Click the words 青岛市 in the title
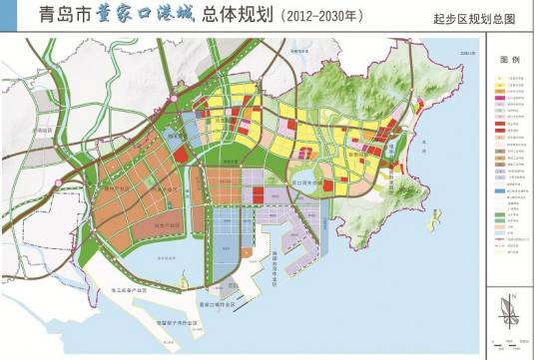[x=38, y=16]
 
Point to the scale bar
[x=504, y=344]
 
